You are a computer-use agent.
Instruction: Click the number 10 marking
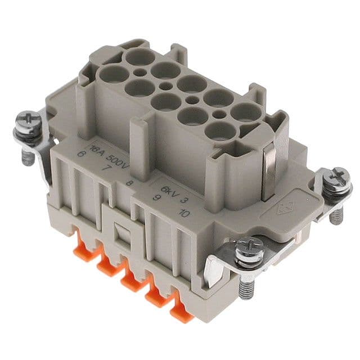point(183,212)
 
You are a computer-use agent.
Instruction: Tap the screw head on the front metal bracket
point(249,247)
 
